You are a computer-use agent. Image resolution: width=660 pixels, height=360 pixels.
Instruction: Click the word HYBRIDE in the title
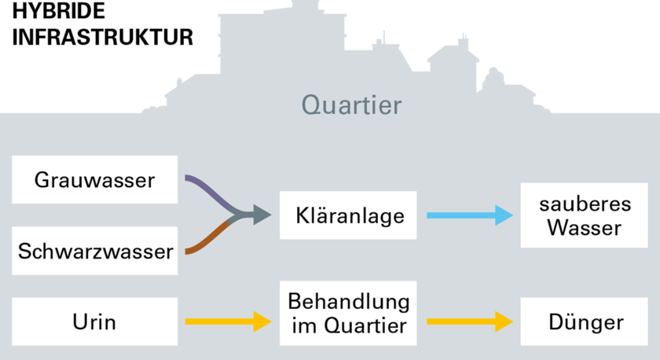point(58,10)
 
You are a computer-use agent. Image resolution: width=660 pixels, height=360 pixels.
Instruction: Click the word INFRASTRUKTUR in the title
point(103,37)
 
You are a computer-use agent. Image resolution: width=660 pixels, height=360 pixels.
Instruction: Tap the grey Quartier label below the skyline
point(351,105)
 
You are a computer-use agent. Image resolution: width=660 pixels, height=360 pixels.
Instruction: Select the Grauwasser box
point(95,180)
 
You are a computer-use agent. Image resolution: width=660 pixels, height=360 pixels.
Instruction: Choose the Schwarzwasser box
point(95,251)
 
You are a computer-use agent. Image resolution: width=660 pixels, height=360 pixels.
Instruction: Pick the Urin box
point(95,321)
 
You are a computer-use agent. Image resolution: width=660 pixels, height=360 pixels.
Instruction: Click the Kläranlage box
point(348,215)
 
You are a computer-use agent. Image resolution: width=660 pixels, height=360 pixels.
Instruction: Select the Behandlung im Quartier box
point(348,314)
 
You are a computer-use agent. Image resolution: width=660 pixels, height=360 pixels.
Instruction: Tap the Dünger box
point(585,321)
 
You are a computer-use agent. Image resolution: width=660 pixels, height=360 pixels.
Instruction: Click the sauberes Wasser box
point(585,215)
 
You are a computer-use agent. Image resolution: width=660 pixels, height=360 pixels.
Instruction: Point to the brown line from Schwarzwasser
point(209,238)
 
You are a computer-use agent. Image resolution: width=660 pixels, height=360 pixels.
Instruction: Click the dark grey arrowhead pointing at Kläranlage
point(262,215)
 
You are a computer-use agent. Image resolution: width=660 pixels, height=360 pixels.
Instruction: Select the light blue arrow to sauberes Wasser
point(470,215)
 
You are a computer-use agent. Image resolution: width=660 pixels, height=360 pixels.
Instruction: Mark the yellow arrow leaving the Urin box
point(228,321)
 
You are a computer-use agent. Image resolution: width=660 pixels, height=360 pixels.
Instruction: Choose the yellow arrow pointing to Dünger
point(470,321)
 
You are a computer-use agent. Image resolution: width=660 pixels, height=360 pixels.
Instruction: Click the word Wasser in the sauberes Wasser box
point(585,228)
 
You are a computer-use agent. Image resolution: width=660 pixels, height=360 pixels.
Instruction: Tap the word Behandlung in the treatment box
point(349,302)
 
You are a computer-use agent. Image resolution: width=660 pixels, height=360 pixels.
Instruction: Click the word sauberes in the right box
point(585,204)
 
